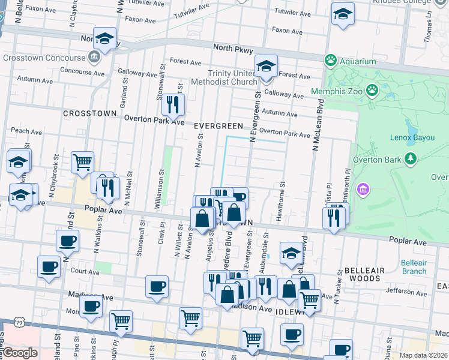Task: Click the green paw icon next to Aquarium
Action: (330, 61)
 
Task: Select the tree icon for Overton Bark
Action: (411, 159)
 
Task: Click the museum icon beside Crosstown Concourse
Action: (94, 58)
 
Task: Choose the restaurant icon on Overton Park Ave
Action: (173, 105)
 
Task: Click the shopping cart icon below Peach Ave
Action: (82, 161)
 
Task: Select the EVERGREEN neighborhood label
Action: (218, 126)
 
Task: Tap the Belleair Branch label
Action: (414, 267)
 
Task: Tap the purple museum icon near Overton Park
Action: (362, 190)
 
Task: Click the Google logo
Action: (20, 353)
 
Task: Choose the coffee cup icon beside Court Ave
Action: (49, 266)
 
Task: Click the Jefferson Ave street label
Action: (406, 292)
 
